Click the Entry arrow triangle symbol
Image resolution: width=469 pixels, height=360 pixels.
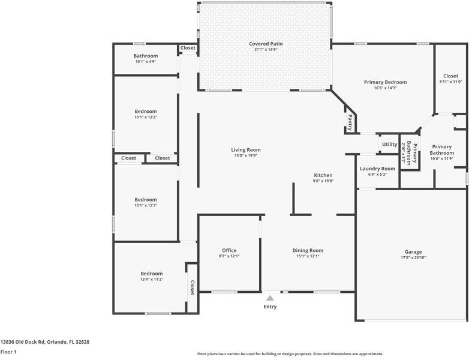pyautogui.click(x=270, y=298)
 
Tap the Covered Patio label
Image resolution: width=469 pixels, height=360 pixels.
pyautogui.click(x=266, y=44)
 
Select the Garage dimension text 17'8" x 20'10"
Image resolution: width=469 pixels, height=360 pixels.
pyautogui.click(x=413, y=258)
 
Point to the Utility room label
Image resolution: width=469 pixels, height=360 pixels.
pyautogui.click(x=389, y=145)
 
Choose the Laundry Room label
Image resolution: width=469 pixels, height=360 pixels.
pyautogui.click(x=377, y=169)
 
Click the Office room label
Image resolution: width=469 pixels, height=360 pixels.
pyautogui.click(x=229, y=250)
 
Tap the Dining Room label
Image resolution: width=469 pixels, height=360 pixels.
pyautogui.click(x=308, y=250)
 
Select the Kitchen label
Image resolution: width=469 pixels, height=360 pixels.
pyautogui.click(x=323, y=175)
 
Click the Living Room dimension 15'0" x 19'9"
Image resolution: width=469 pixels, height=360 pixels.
pyautogui.click(x=246, y=156)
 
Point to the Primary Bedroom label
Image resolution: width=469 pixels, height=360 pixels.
pyautogui.click(x=385, y=82)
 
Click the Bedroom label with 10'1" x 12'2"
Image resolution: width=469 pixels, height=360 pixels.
pyautogui.click(x=146, y=111)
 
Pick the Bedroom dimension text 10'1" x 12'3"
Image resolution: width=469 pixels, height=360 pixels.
pyautogui.click(x=146, y=206)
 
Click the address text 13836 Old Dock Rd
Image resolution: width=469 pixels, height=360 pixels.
pyautogui.click(x=44, y=341)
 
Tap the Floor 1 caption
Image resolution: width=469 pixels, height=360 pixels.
pyautogui.click(x=8, y=352)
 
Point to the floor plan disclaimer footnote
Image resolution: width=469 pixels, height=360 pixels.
pyautogui.click(x=290, y=354)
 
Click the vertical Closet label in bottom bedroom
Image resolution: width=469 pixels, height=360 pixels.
pyautogui.click(x=192, y=287)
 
